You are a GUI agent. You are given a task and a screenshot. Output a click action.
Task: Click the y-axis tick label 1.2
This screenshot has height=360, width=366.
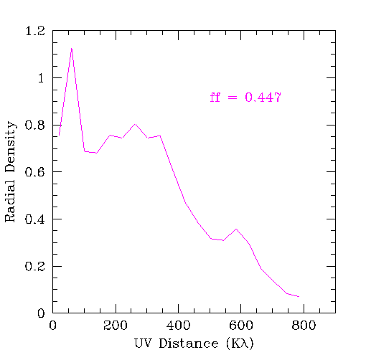point(35,31)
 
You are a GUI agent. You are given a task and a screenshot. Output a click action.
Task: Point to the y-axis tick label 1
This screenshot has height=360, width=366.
point(41,78)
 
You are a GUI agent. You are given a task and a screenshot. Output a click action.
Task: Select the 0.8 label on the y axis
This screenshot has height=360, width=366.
point(35,125)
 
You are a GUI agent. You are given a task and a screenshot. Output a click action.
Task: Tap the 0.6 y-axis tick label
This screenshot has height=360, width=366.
point(35,172)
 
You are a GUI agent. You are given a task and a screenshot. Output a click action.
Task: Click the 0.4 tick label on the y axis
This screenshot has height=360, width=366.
point(35,219)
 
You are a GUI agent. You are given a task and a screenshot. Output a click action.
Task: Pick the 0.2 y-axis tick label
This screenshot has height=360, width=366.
point(35,266)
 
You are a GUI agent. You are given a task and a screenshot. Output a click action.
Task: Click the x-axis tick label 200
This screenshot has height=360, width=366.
point(116,326)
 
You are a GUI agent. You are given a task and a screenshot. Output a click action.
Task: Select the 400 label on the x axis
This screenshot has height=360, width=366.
point(178,326)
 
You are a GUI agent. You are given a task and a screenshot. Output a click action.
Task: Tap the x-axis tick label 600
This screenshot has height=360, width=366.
point(241,326)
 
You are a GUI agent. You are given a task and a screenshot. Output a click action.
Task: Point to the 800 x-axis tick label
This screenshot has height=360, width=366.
point(304,326)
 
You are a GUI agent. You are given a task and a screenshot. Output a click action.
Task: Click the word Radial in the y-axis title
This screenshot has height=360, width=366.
point(10,201)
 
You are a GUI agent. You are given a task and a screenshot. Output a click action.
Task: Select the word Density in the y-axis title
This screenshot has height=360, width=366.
point(11,147)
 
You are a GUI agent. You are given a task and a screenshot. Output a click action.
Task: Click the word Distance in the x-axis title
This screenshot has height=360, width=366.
point(189,344)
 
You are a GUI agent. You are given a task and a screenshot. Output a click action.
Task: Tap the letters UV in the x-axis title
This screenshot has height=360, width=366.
point(144,344)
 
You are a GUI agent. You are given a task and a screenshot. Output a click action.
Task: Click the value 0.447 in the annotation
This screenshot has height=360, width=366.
point(263,98)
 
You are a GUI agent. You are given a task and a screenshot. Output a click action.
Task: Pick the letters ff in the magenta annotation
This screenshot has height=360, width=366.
point(215,98)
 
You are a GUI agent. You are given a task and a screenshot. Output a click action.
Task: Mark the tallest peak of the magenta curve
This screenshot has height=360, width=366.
point(72,48)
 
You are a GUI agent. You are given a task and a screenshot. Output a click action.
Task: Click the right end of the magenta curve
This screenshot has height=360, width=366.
point(299,297)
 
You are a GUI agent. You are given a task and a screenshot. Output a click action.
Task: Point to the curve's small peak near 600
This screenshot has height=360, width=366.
point(236,229)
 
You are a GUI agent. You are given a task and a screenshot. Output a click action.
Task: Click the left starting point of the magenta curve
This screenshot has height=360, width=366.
point(59,136)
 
